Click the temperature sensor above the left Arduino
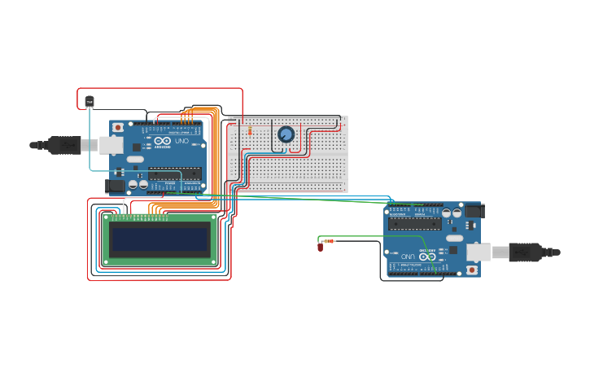[90, 101]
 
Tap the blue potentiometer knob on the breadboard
[286, 134]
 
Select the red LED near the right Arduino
[320, 246]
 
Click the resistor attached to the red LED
[330, 241]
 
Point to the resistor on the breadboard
[249, 130]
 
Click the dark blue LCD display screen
[160, 239]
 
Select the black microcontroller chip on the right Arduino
[414, 222]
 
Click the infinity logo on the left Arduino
[162, 143]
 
